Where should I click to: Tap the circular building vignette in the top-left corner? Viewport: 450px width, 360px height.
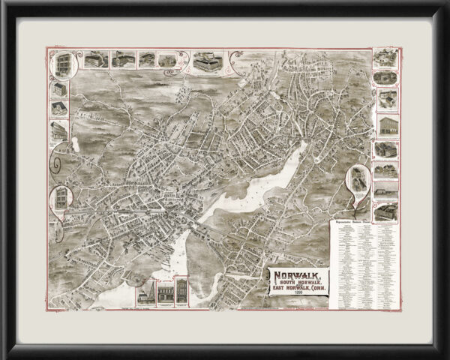tap(61, 64)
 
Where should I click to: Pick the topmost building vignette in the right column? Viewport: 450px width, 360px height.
tap(385, 58)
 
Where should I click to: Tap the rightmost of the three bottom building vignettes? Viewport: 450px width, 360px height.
tap(180, 292)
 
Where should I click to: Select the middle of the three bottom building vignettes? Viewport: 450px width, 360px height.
tap(163, 292)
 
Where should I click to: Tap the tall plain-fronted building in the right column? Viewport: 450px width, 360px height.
tap(386, 124)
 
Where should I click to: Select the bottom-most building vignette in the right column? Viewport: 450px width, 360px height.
tap(386, 209)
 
